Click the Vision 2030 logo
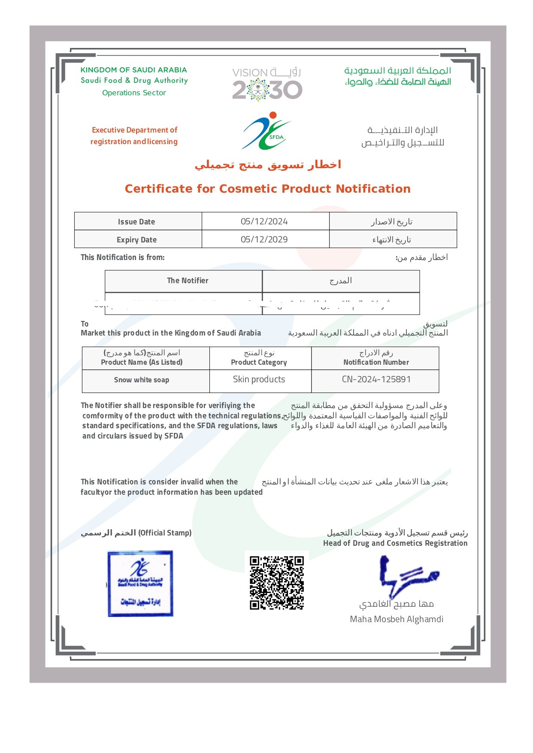267,84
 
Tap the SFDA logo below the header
266,131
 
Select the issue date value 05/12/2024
264,221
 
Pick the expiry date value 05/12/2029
264,239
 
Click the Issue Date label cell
136,222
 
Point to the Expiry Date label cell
136,240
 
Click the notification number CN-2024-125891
376,379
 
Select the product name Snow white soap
142,380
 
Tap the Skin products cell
259,379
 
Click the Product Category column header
259,362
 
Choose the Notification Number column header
376,362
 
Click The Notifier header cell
188,281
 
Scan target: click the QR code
277,583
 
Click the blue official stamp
140,584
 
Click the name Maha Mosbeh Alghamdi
397,619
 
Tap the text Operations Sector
134,93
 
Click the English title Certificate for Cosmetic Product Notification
267,189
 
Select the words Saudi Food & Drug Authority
134,80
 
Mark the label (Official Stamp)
165,533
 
